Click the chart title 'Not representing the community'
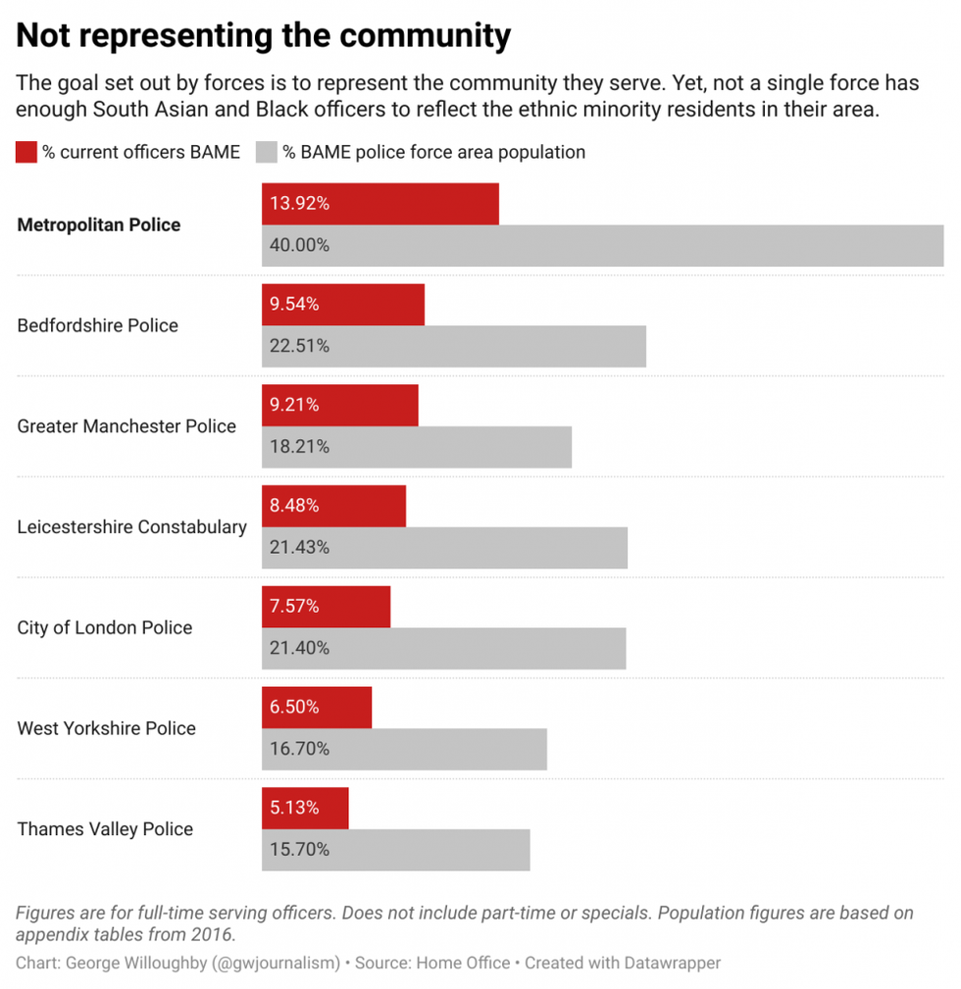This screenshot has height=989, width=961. pyautogui.click(x=264, y=35)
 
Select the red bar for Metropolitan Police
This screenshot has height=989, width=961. pyautogui.click(x=380, y=204)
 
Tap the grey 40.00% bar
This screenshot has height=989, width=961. pyautogui.click(x=602, y=245)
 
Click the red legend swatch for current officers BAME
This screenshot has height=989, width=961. pyautogui.click(x=26, y=152)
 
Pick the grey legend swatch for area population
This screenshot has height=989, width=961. pyautogui.click(x=267, y=152)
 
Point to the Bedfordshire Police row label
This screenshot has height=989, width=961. pyautogui.click(x=98, y=325)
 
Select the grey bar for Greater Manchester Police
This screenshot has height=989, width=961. pyautogui.click(x=417, y=447)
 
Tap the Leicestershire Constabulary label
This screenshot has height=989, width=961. pyautogui.click(x=132, y=527)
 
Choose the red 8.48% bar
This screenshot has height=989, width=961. pyautogui.click(x=333, y=506)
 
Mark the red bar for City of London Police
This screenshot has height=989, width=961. pyautogui.click(x=326, y=607)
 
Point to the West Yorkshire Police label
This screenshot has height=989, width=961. pyautogui.click(x=107, y=728)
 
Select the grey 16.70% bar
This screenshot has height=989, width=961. pyautogui.click(x=404, y=749)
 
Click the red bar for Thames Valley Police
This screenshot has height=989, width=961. pyautogui.click(x=305, y=808)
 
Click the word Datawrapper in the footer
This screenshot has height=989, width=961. pyautogui.click(x=672, y=963)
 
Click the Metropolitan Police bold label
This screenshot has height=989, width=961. pyautogui.click(x=99, y=224)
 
